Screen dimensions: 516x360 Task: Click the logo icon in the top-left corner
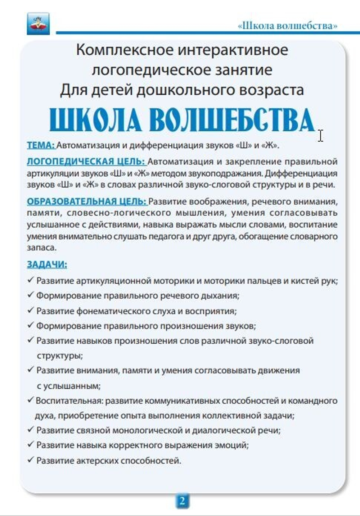(x=38, y=23)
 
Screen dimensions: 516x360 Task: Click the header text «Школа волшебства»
(x=288, y=26)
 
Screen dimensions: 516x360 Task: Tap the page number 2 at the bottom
(x=182, y=501)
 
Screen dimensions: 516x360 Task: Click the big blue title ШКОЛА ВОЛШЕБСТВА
(x=181, y=119)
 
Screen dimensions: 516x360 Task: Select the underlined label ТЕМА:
(x=41, y=145)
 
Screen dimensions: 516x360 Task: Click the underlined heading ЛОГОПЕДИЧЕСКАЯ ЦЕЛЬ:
(x=86, y=161)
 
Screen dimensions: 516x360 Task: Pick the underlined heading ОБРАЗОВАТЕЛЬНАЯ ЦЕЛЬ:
(x=86, y=201)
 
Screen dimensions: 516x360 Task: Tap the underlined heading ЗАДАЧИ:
(x=47, y=264)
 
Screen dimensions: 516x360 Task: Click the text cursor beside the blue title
(x=320, y=136)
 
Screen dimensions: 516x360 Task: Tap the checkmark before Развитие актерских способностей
(x=31, y=460)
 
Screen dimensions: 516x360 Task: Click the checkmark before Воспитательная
(x=31, y=400)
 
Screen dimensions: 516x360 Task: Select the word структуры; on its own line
(x=60, y=356)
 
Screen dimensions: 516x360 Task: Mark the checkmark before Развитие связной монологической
(x=31, y=430)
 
